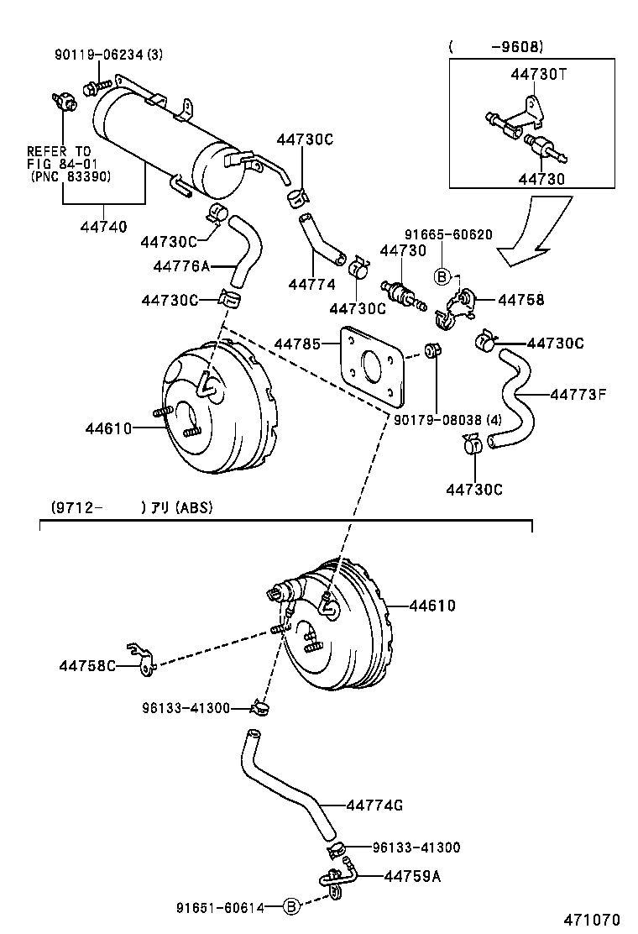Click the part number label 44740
[104, 226]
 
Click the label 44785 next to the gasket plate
[297, 344]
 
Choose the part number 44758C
[87, 665]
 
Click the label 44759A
[412, 876]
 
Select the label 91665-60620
[447, 235]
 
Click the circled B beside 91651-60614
[290, 906]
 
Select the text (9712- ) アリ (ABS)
[130, 506]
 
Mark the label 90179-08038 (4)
[447, 418]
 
